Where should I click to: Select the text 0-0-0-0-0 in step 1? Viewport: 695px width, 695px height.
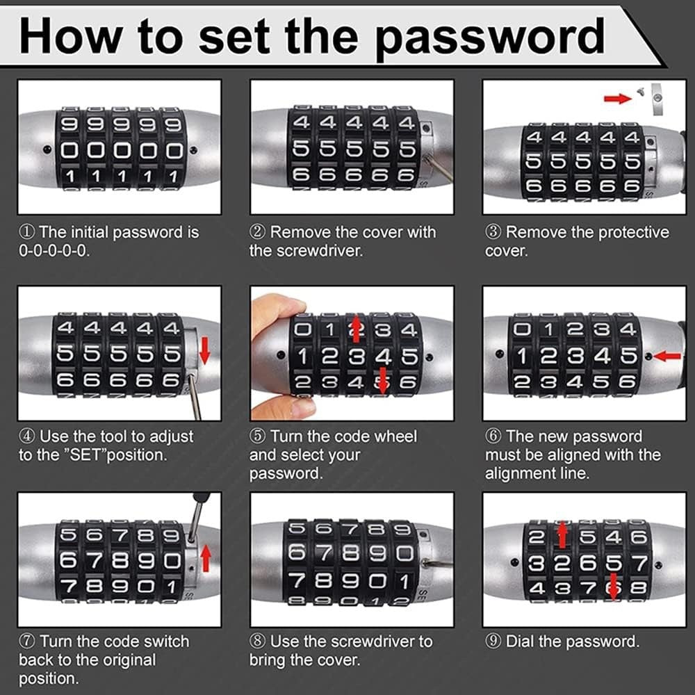(54, 251)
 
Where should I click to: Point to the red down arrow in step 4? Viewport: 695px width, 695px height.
(204, 353)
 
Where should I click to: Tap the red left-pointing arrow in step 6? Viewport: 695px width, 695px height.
(668, 356)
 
